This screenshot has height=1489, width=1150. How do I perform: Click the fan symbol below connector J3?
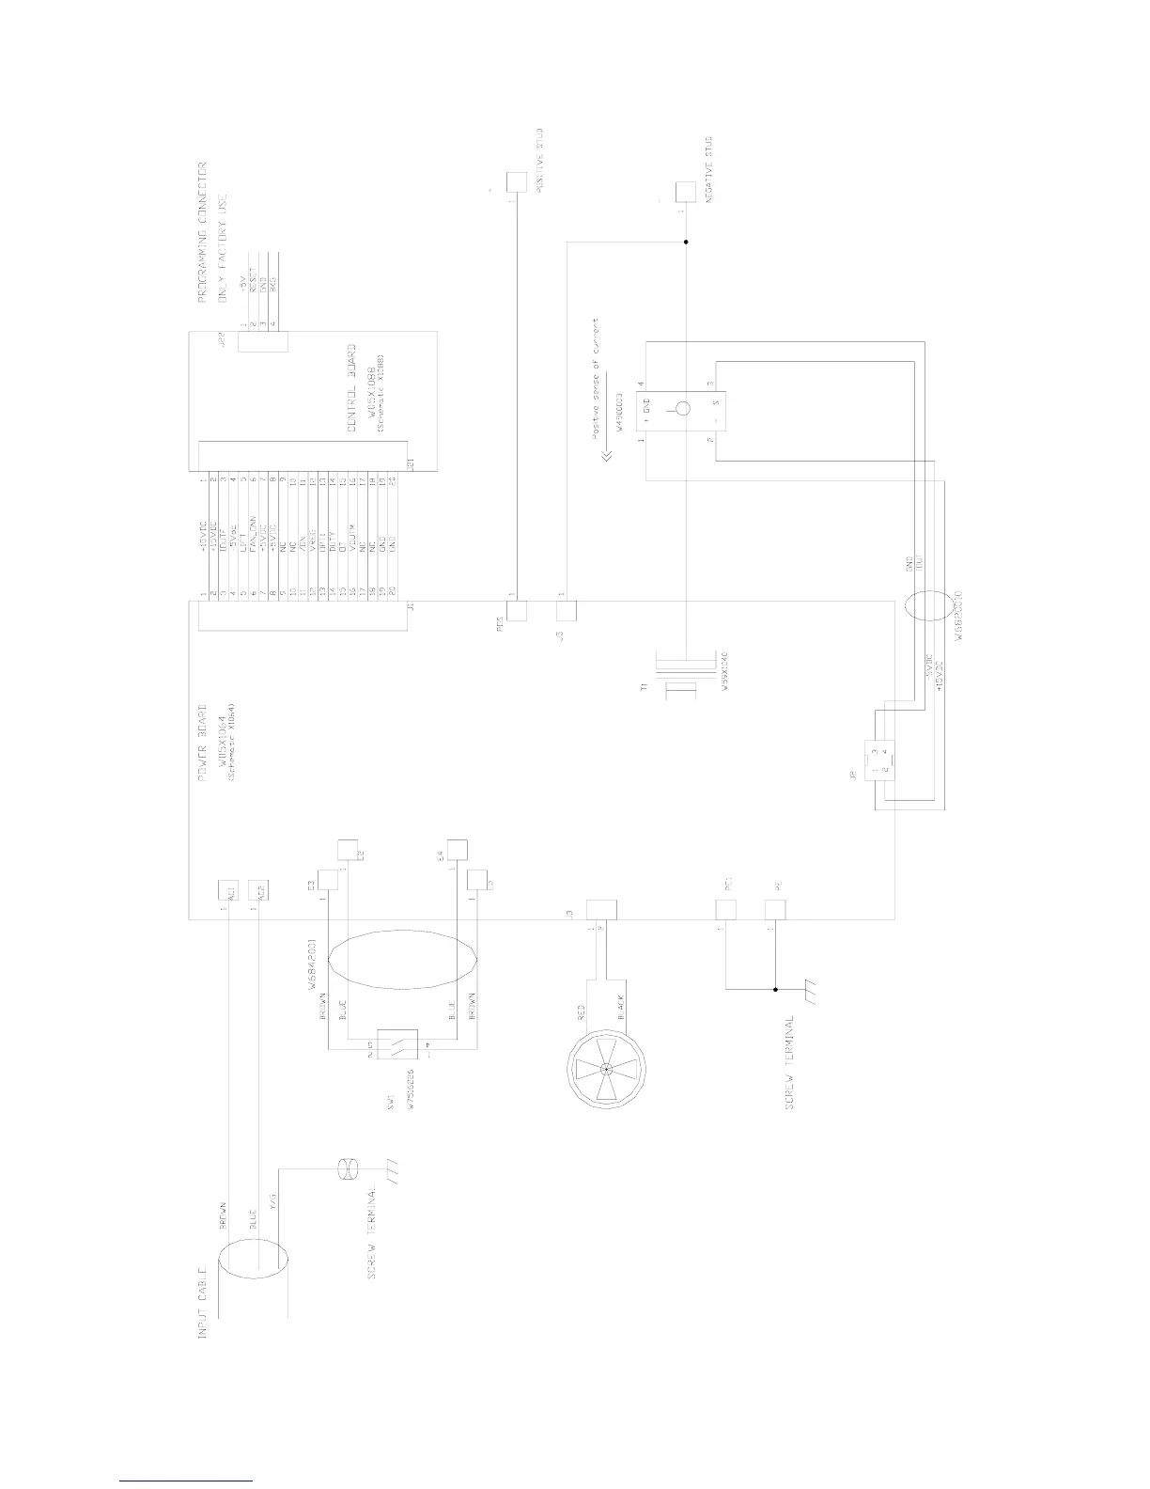tap(608, 1070)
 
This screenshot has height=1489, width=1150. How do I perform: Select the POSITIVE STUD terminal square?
tap(516, 181)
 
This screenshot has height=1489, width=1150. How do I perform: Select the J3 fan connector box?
tap(601, 909)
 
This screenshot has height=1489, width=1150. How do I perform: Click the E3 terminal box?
tap(327, 880)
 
